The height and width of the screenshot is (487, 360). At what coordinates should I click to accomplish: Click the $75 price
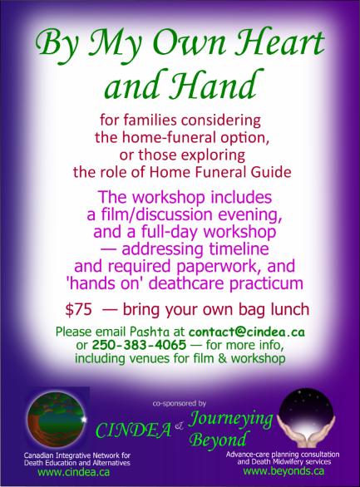click(79, 310)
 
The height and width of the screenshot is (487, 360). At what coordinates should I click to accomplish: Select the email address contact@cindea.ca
click(247, 332)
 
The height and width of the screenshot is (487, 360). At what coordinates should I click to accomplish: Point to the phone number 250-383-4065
click(139, 345)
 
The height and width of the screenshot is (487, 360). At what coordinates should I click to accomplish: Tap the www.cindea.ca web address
click(74, 472)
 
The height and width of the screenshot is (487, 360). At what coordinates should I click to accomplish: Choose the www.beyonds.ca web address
click(284, 471)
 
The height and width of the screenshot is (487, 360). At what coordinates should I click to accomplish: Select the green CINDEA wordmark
click(134, 430)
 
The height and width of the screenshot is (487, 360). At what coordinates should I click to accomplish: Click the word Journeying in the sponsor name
click(231, 420)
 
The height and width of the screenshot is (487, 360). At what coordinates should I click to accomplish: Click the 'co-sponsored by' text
click(180, 403)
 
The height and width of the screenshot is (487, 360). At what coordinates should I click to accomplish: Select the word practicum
click(266, 283)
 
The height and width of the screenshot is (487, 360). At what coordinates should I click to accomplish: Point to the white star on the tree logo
click(83, 419)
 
